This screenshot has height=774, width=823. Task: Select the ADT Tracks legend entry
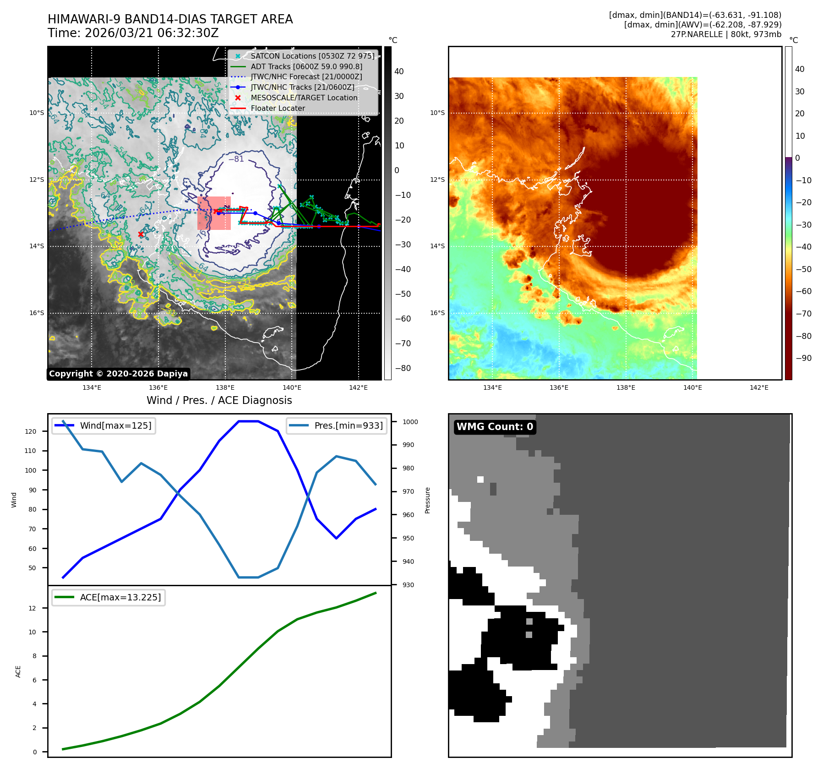[306, 66]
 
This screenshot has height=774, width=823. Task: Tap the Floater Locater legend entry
[278, 109]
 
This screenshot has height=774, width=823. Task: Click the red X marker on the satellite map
[141, 234]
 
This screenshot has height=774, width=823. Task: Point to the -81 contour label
[236, 159]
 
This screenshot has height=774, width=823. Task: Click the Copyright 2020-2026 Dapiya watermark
[118, 374]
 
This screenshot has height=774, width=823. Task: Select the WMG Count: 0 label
[495, 427]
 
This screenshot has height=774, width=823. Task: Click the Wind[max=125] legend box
[104, 425]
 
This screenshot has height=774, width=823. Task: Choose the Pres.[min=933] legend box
[337, 425]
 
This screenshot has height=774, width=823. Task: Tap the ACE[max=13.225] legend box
[109, 597]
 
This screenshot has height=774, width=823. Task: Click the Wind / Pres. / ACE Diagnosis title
[219, 400]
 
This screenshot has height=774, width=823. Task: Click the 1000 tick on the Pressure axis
[410, 422]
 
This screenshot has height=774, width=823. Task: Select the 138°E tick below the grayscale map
[225, 387]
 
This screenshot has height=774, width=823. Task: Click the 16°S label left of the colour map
[437, 313]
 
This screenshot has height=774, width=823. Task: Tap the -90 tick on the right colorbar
[803, 358]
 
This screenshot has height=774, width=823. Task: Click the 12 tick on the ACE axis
[33, 608]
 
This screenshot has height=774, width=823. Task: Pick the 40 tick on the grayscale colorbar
[399, 71]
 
